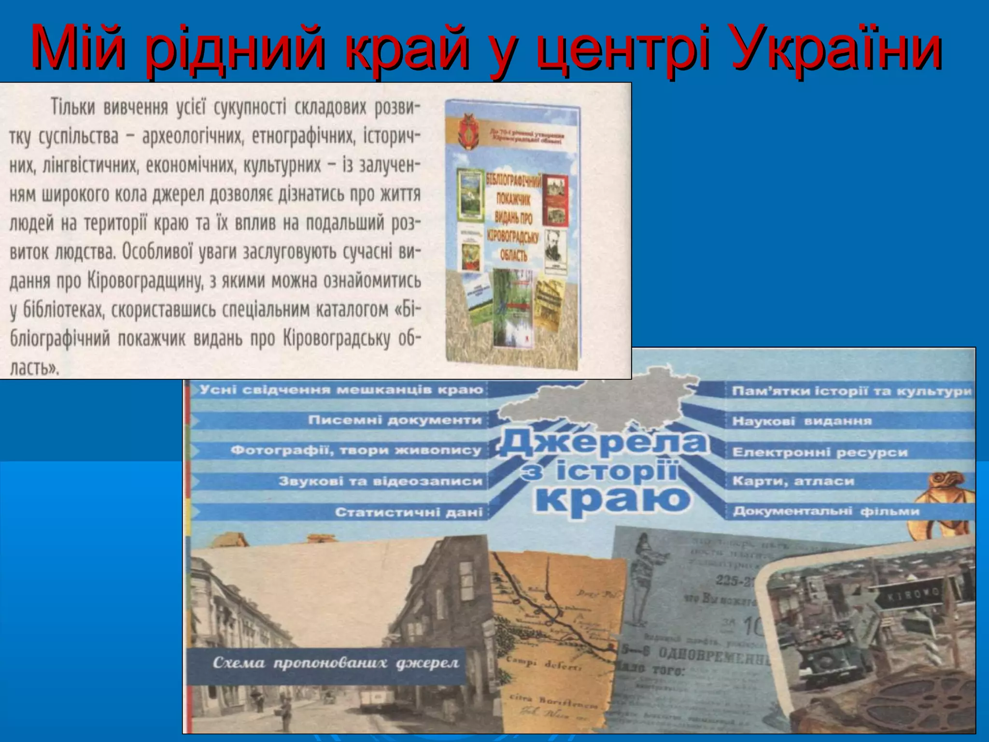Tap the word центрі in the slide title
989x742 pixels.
[x=623, y=48]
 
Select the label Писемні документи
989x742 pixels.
[x=395, y=420]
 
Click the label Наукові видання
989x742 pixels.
[x=802, y=421]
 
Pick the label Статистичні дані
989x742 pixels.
[x=409, y=512]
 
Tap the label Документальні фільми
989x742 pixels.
[x=826, y=511]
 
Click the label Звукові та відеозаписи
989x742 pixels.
[x=381, y=481]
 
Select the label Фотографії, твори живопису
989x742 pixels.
[x=356, y=451]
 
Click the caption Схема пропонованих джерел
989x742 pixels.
[x=336, y=663]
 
